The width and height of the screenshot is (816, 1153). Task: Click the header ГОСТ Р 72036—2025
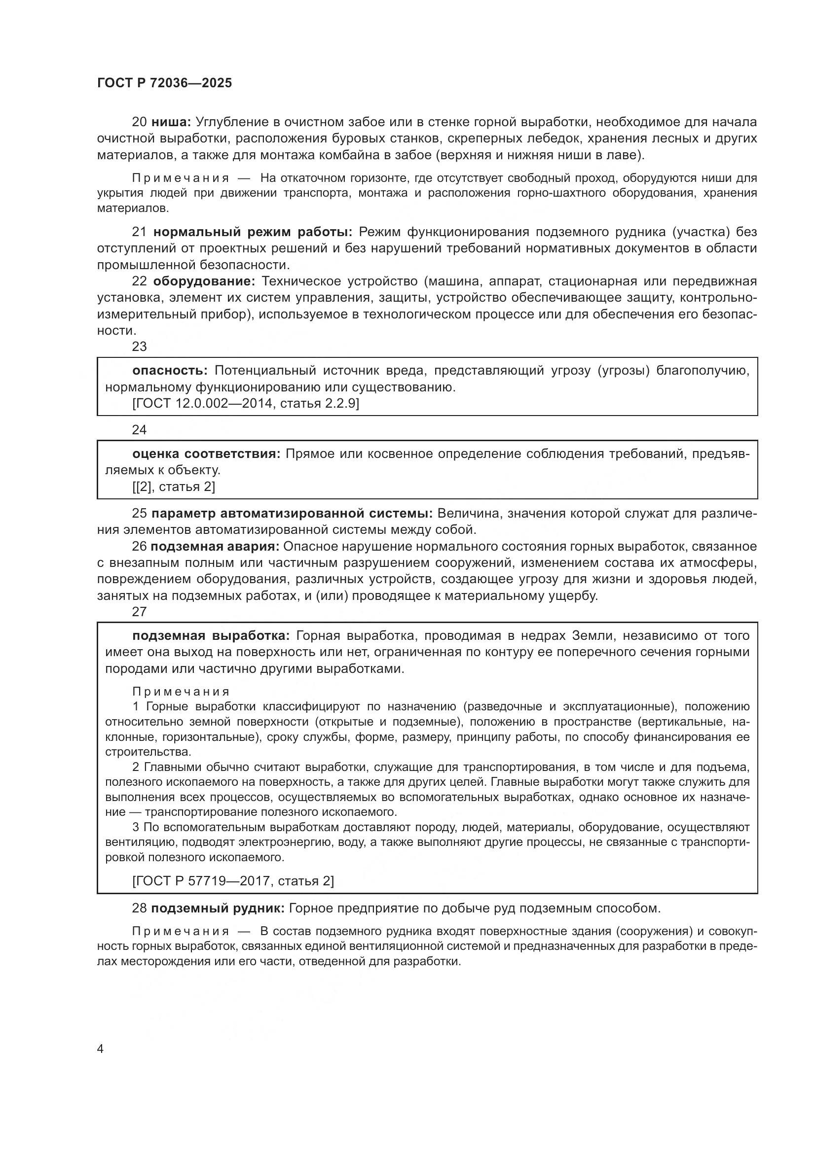(164, 83)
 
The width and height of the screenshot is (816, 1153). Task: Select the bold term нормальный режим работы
(253, 232)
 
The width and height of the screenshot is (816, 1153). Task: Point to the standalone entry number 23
(139, 347)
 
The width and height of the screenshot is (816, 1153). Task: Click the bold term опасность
(170, 371)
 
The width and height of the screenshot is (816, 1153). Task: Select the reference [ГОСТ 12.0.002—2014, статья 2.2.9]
(246, 403)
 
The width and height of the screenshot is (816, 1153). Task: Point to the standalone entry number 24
(139, 430)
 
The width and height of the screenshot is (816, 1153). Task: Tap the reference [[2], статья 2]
(173, 487)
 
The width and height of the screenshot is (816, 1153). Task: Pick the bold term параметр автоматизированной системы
(292, 513)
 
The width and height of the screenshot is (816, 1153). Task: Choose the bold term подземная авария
(215, 546)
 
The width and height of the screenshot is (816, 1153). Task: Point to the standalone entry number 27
(139, 612)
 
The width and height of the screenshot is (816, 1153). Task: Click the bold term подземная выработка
(211, 636)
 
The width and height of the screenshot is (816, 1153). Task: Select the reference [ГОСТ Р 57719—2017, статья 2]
(233, 881)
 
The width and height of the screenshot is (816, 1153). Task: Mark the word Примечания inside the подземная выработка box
(181, 692)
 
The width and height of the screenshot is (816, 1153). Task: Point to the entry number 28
(139, 908)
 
